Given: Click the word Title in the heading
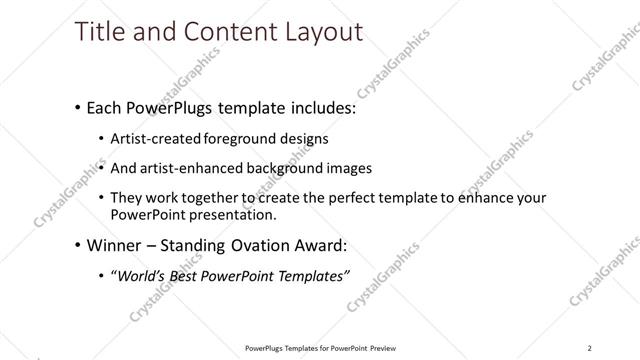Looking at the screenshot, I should [x=100, y=32].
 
